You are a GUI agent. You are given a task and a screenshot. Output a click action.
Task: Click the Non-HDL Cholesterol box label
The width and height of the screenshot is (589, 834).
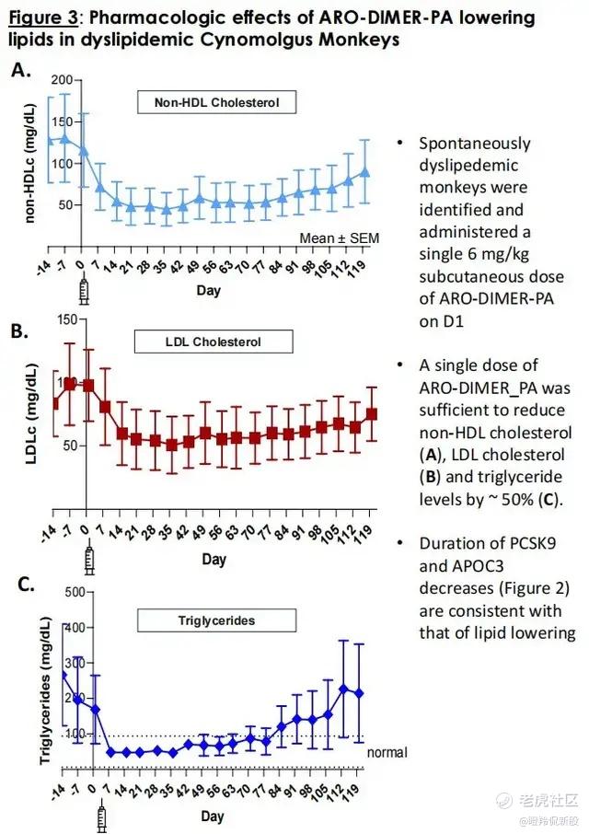(217, 101)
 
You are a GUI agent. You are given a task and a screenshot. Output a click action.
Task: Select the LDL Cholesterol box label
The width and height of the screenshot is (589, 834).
(214, 342)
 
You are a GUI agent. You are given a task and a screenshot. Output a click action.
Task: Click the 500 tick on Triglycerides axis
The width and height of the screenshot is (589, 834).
(71, 592)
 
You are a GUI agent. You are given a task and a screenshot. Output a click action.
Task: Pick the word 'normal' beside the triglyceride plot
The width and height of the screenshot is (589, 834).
(387, 752)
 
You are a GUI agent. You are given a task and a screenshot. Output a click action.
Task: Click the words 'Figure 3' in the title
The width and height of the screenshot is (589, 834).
(44, 17)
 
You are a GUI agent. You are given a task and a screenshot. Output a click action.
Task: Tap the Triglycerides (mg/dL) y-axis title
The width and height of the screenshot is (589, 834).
(42, 680)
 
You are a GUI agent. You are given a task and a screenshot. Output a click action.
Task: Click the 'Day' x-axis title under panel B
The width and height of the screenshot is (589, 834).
(214, 560)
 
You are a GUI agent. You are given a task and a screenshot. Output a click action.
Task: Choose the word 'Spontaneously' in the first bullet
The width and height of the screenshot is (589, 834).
(474, 143)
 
